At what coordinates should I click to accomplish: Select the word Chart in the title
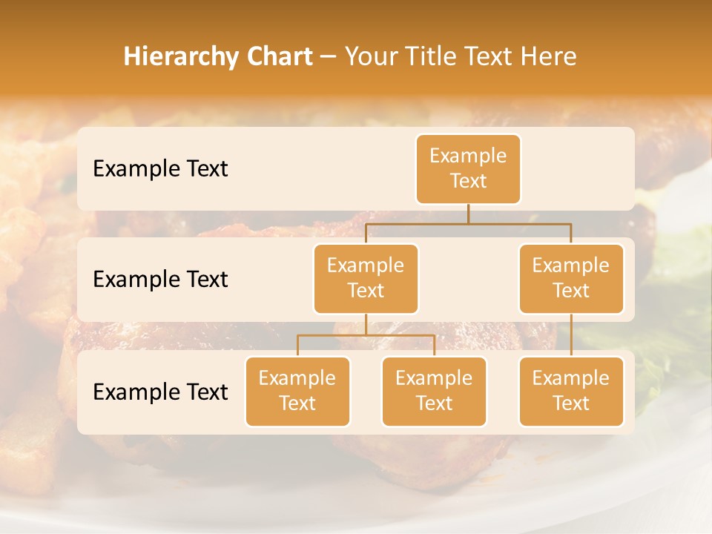[276, 56]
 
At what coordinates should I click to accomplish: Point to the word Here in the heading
[547, 56]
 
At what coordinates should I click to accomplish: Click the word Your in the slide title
[372, 56]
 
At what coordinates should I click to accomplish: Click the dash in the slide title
[329, 57]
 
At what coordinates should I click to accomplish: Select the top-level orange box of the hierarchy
[468, 168]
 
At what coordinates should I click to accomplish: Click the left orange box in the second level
[366, 278]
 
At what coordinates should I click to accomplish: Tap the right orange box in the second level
[571, 278]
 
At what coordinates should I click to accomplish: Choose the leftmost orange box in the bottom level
[297, 391]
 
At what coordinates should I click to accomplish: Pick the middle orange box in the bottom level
[434, 391]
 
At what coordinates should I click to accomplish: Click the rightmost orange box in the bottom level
[571, 391]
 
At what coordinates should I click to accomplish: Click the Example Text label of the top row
[160, 168]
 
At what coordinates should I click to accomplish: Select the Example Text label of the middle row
[160, 279]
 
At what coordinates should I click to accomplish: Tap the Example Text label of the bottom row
[160, 392]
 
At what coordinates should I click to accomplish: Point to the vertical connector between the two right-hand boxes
[571, 335]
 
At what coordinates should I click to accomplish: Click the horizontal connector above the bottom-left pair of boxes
[366, 335]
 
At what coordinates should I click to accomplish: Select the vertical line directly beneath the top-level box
[468, 214]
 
